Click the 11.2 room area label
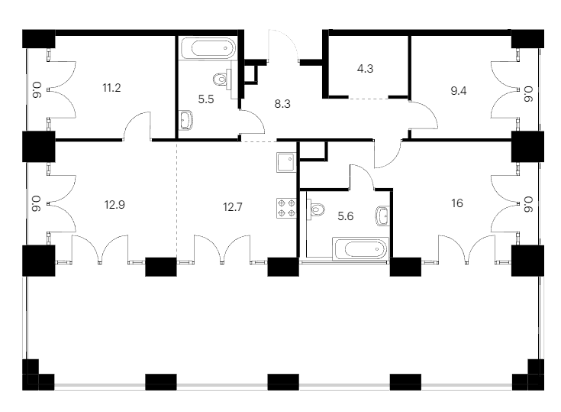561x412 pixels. coord(111,88)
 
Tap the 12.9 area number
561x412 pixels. coord(114,205)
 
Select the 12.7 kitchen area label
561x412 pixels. coord(233,207)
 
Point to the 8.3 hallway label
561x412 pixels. coord(282,104)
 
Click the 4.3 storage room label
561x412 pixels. coord(366,69)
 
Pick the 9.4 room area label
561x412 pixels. coord(458,91)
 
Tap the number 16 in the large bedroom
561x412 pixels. coord(457,203)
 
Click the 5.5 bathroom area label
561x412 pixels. coord(206,99)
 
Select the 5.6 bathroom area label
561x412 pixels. coord(346,216)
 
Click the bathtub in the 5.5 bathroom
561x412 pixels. coord(208,48)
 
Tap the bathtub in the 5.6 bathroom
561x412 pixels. coord(360,248)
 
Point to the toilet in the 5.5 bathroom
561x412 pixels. coord(222,79)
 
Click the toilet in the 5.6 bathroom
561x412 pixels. coord(318,209)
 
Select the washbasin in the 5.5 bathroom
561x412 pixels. coord(186,120)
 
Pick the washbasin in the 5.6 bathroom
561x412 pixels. coord(382,216)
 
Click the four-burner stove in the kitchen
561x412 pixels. coord(286,208)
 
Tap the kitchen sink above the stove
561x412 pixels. coord(286,162)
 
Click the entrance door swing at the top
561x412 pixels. coord(283,46)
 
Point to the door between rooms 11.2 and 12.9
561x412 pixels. coord(137,125)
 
